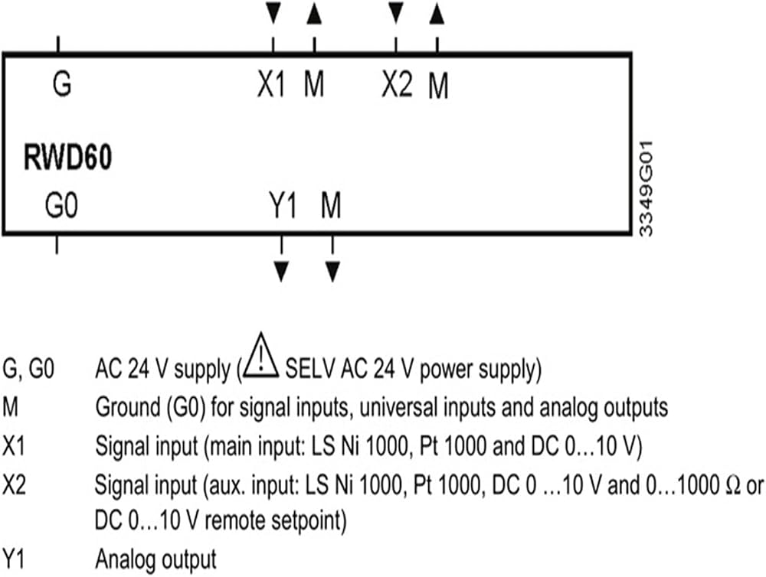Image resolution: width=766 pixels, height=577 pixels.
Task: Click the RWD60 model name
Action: pyautogui.click(x=68, y=158)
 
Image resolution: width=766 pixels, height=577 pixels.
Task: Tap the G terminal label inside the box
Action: pyautogui.click(x=62, y=83)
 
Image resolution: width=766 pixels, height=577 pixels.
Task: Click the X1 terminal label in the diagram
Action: pyautogui.click(x=271, y=84)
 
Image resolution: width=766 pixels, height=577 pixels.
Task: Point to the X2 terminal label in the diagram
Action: pyautogui.click(x=397, y=84)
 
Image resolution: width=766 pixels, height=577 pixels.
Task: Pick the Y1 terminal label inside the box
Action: pyautogui.click(x=283, y=205)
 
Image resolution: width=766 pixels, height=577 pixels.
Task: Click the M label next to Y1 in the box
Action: pyautogui.click(x=331, y=205)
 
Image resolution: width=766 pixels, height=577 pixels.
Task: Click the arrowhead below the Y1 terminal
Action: pyautogui.click(x=281, y=272)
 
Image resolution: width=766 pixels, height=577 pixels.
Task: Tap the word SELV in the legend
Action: pyautogui.click(x=309, y=369)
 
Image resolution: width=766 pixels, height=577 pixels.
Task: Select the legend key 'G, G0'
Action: pyautogui.click(x=28, y=369)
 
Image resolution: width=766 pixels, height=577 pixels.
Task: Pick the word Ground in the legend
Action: pyautogui.click(x=127, y=407)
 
